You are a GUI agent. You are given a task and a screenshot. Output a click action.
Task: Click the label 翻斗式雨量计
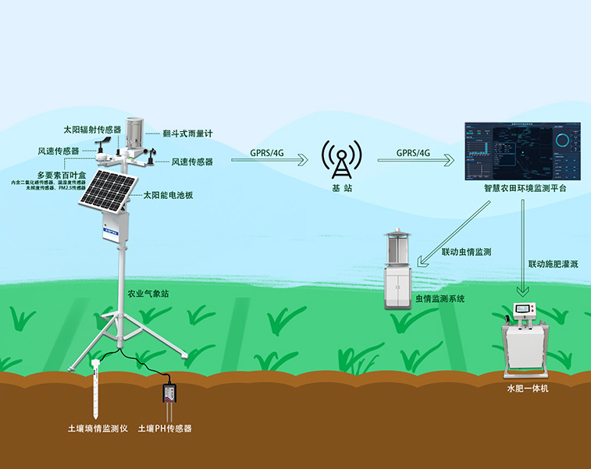(187, 133)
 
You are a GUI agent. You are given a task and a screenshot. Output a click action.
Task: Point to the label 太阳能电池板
(168, 196)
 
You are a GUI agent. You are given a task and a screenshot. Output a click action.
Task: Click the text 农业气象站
(148, 294)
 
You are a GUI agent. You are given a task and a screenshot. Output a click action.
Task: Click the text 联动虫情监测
(466, 252)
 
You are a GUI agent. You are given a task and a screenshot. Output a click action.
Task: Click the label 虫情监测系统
(440, 299)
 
